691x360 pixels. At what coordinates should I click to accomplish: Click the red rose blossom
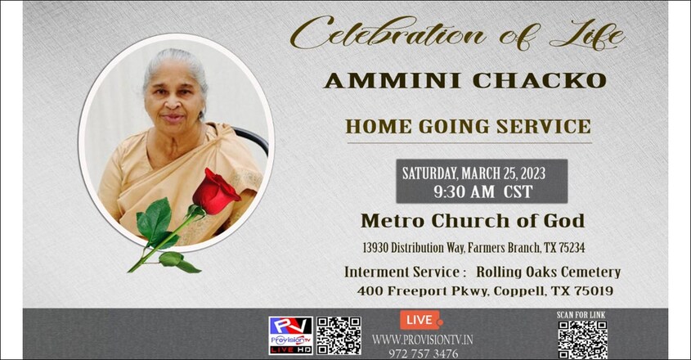point(216,191)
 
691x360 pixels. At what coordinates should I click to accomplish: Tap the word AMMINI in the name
point(393,81)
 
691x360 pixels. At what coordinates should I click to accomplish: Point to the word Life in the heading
point(587,34)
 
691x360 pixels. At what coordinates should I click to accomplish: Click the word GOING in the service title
point(454,127)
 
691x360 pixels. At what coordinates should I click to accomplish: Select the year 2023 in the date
point(533,173)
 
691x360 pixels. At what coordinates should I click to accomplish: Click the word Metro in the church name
point(393,221)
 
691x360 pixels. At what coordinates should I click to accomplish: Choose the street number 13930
point(375,247)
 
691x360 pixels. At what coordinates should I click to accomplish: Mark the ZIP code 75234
point(572,247)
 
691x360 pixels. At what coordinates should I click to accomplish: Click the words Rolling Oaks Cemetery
point(548,272)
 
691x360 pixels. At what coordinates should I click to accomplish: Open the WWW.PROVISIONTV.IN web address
point(423,340)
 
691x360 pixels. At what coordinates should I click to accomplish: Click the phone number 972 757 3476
point(423,353)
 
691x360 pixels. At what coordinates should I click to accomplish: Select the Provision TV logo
point(291,335)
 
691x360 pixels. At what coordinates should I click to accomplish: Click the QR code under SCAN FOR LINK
point(582,340)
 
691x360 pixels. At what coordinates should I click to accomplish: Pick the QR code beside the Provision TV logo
point(339,335)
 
